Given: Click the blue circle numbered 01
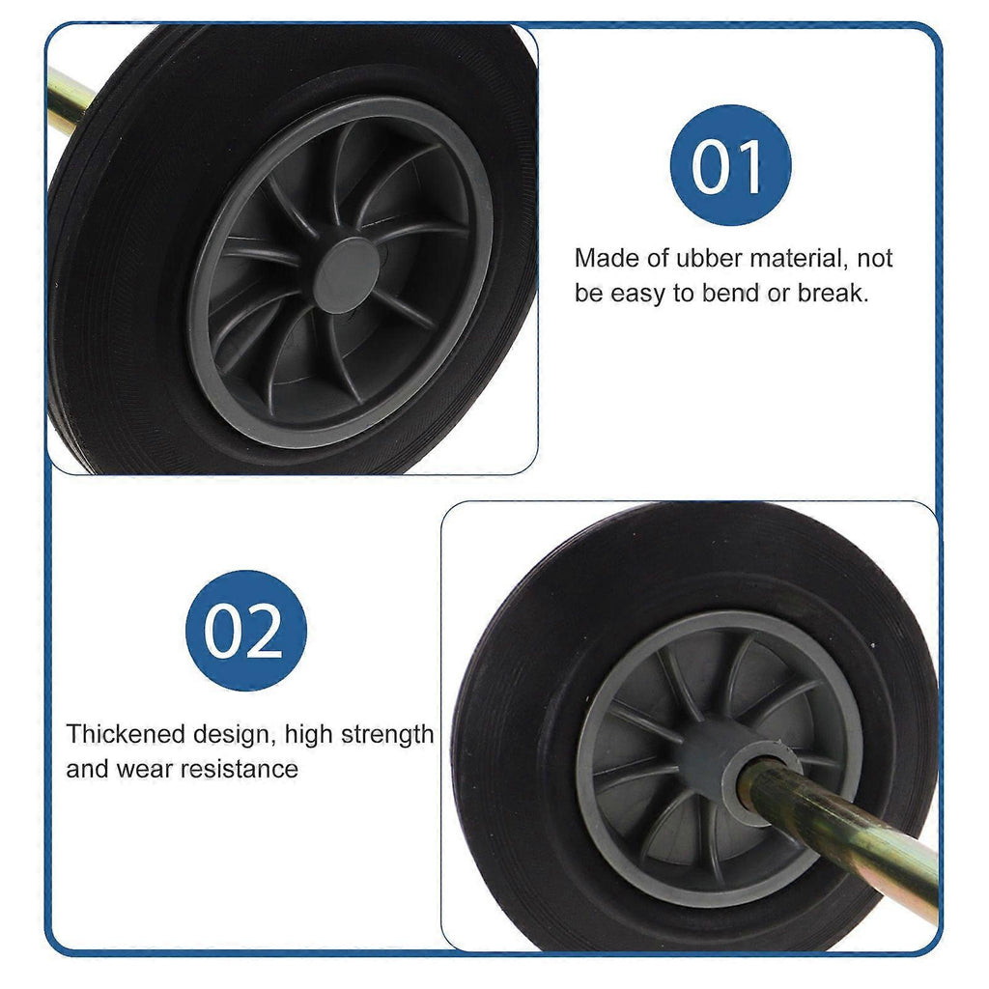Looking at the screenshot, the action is point(730,165).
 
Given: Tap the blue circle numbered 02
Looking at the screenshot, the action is point(246,630).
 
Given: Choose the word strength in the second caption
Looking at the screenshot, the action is point(387,735).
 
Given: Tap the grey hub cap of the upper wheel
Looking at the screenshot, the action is point(347,275).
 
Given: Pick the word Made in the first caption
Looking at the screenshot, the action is point(601,258).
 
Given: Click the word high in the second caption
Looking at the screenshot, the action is point(308,735).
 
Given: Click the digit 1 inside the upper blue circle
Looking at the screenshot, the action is point(749,166).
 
